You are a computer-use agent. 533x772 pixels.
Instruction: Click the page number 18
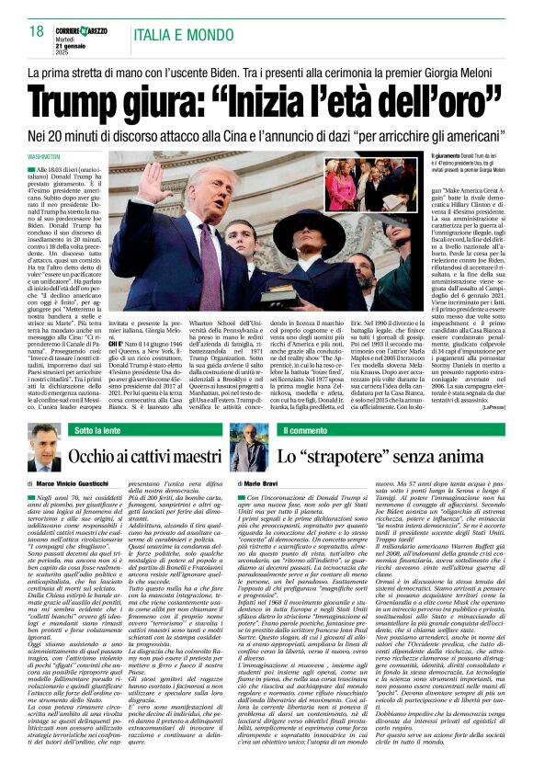[35, 31]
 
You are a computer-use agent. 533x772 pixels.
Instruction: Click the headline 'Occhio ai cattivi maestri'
[145, 456]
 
